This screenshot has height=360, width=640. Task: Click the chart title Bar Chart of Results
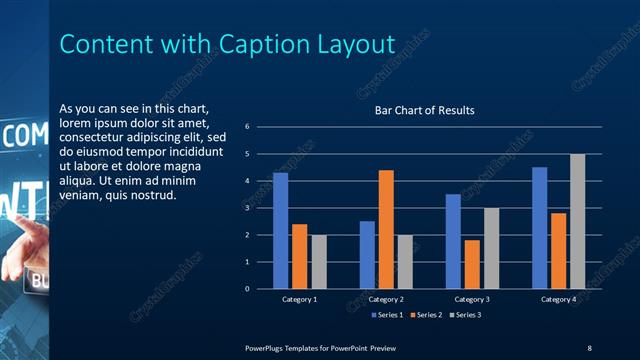[x=424, y=110]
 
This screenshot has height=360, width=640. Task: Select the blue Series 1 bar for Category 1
[x=281, y=230]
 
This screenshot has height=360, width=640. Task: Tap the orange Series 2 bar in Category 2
[x=386, y=229]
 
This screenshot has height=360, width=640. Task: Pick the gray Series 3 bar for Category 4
[x=577, y=221]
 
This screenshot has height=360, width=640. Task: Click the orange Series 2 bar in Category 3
[x=472, y=264]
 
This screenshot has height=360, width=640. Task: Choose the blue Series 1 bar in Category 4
[x=540, y=227]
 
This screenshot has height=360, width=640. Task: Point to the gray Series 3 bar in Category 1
[x=319, y=261]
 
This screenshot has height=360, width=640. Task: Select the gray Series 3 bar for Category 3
[x=491, y=248]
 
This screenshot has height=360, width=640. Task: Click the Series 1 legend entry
[x=386, y=315]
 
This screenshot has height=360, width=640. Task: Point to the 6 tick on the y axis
[x=260, y=127]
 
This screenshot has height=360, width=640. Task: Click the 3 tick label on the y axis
[x=260, y=208]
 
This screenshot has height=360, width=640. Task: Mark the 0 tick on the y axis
[x=260, y=289]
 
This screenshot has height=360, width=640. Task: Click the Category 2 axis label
[x=386, y=299]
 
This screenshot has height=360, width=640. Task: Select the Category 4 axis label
[x=559, y=299]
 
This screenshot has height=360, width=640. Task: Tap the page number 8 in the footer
[x=589, y=347]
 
